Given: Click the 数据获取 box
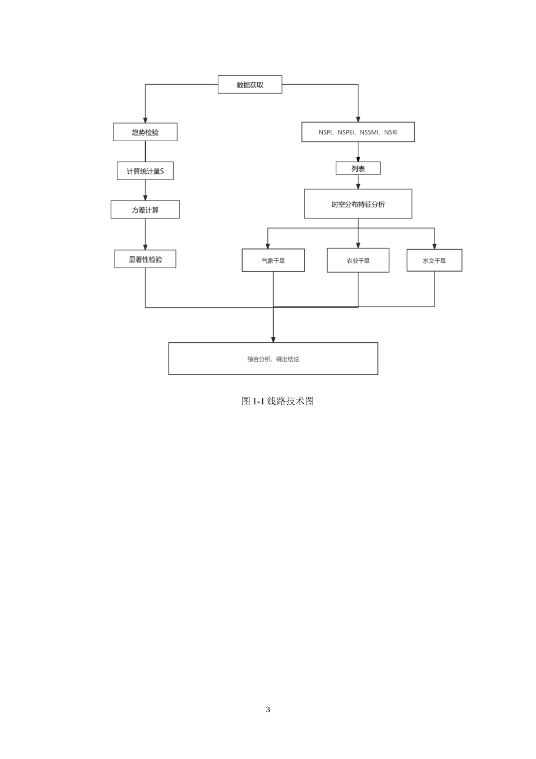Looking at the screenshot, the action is [x=249, y=84].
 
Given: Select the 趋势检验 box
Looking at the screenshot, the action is [x=145, y=132].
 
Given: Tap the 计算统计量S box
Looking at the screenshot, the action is [x=145, y=171].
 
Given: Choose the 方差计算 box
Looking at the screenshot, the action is [x=145, y=210].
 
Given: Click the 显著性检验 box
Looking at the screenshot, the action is [x=145, y=259].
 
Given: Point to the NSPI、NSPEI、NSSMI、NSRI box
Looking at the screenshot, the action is [x=358, y=132].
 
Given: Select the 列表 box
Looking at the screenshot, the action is [x=358, y=168].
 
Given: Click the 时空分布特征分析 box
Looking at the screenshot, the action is [x=358, y=204].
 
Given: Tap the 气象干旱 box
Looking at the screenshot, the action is [x=273, y=260].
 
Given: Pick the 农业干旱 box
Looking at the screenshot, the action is [x=358, y=260].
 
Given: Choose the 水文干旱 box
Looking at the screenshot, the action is [x=434, y=260].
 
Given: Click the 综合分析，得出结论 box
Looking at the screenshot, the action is [x=273, y=359].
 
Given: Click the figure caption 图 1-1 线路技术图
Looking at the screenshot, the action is [x=278, y=401].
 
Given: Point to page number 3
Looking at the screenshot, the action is [x=268, y=709].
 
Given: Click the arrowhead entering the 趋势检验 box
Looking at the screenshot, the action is [x=145, y=120].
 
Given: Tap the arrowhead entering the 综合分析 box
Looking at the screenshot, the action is [x=273, y=340].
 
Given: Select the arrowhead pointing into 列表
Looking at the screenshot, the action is [x=358, y=159].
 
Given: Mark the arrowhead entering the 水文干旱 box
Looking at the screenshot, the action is [x=434, y=246].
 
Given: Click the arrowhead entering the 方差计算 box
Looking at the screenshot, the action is [x=145, y=198].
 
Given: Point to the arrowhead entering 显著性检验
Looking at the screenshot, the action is [x=145, y=247].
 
